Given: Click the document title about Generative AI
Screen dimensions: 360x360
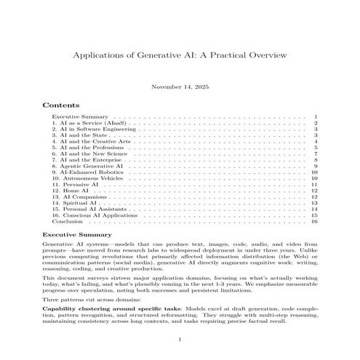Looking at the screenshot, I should click(180, 55).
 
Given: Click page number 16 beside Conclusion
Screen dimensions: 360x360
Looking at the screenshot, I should click(314, 222).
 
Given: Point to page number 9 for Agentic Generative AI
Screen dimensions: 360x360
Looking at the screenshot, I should click(316, 167).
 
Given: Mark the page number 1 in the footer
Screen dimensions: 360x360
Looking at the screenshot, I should click(180, 341).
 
